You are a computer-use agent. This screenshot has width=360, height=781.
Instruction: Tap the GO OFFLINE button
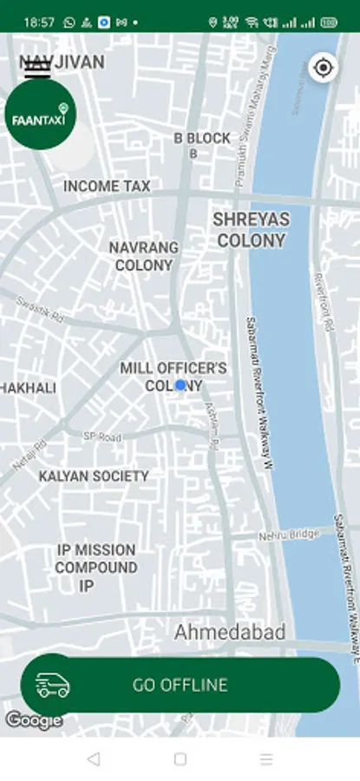click(180, 685)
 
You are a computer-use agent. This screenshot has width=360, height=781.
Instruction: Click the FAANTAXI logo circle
click(40, 115)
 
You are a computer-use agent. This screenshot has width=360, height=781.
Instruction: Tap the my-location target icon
click(324, 68)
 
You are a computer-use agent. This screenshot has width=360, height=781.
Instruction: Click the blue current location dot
click(180, 384)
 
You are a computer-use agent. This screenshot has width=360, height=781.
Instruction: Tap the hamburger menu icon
click(37, 69)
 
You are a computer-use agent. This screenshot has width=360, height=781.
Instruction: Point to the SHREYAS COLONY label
click(251, 230)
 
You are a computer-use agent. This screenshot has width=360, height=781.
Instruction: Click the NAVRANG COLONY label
click(143, 256)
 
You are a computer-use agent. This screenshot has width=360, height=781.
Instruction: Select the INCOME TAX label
click(107, 186)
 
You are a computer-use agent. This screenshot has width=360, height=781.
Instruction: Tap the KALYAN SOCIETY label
click(94, 476)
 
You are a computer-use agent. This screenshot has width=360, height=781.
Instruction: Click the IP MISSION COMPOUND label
click(96, 559)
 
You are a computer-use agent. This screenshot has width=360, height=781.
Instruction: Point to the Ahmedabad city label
click(229, 633)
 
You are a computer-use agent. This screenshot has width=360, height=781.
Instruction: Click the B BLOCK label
click(202, 139)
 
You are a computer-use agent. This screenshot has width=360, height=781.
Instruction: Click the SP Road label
click(102, 436)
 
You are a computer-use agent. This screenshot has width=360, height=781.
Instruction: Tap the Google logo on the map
click(33, 720)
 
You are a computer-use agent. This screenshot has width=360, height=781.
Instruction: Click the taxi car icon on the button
click(53, 686)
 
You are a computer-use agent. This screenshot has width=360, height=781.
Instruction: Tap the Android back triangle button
click(94, 759)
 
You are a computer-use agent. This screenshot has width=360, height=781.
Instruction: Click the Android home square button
click(180, 759)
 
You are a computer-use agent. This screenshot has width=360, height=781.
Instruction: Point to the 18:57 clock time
click(39, 22)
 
